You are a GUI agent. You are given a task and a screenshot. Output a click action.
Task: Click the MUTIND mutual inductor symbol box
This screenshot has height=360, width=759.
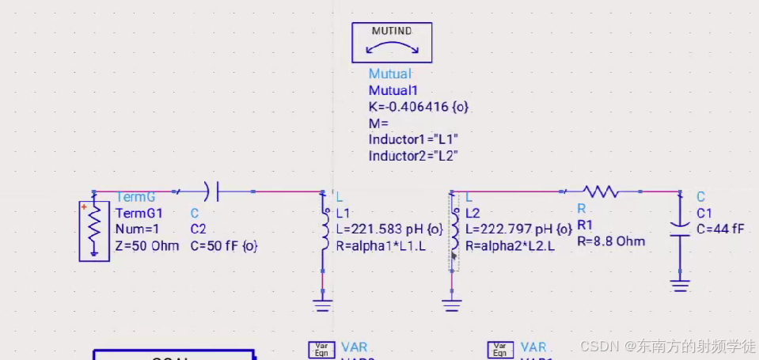[x=392, y=43]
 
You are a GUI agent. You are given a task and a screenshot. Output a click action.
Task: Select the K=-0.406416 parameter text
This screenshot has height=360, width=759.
[x=421, y=106]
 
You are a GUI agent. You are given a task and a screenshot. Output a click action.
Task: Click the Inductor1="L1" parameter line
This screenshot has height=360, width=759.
[x=413, y=139]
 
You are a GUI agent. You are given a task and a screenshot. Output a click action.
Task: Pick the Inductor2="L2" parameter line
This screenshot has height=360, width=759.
[x=413, y=156]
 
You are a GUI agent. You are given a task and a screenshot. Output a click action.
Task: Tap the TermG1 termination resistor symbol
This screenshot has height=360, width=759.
[x=93, y=230]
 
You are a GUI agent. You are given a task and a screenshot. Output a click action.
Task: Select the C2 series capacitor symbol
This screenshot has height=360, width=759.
[x=211, y=191]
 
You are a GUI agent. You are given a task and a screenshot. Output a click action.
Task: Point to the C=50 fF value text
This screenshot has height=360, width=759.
[x=224, y=245]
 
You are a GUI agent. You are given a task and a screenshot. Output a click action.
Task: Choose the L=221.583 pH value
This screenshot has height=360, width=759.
[x=389, y=229]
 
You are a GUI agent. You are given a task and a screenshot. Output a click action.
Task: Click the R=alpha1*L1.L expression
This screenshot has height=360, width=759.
[x=381, y=246]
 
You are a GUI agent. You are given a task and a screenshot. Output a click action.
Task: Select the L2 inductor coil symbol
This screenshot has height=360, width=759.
[x=454, y=231]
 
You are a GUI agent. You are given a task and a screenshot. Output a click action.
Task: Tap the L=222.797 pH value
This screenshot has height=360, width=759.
[x=518, y=229]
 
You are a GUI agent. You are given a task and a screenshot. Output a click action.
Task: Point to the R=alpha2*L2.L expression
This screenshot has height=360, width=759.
[x=510, y=246]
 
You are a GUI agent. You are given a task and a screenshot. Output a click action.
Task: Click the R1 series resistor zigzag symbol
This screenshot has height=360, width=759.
[x=600, y=191]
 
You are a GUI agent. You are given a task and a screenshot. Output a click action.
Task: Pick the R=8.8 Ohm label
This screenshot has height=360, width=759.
[x=611, y=241]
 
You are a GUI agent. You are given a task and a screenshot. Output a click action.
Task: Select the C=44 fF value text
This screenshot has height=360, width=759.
[x=720, y=229]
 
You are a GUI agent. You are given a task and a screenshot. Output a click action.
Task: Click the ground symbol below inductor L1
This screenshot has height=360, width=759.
[x=322, y=304]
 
